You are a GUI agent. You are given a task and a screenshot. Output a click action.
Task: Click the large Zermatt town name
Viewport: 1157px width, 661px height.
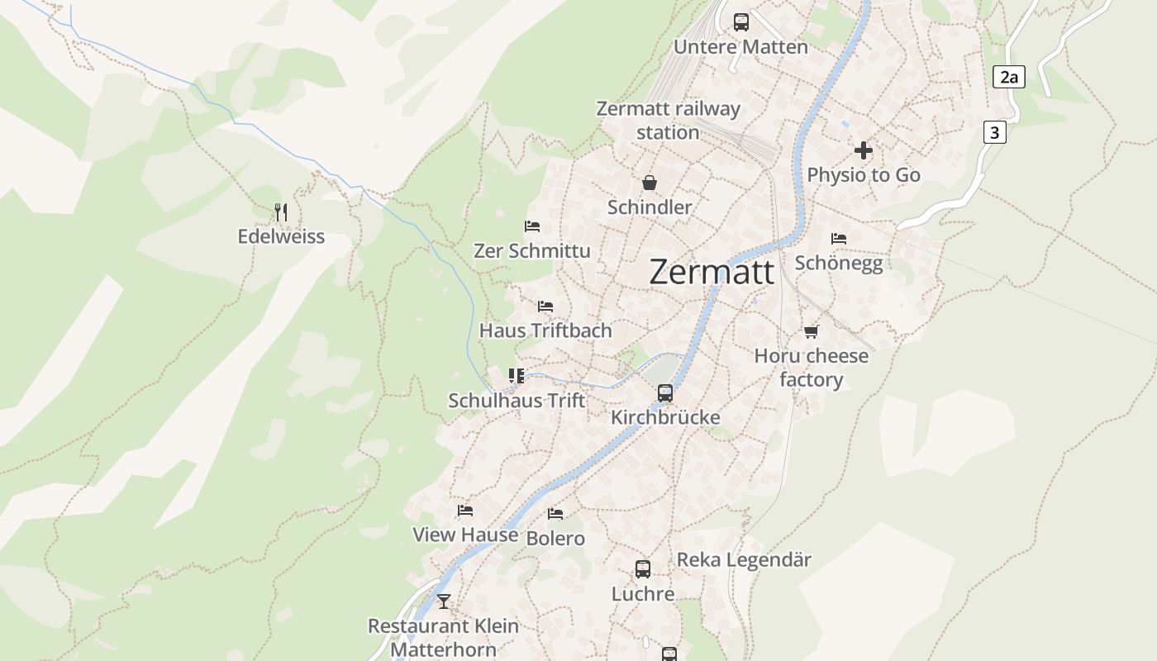click(x=712, y=272)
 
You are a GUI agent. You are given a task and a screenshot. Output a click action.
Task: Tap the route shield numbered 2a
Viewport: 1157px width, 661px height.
click(x=1009, y=78)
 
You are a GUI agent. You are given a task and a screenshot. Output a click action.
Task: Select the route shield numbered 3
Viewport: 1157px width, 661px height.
click(x=994, y=132)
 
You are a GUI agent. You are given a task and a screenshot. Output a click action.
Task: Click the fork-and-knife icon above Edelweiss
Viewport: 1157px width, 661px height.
click(x=281, y=212)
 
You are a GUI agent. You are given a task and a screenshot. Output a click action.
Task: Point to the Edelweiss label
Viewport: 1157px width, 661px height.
click(x=281, y=237)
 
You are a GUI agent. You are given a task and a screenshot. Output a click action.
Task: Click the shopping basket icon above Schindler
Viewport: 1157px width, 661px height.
click(x=650, y=183)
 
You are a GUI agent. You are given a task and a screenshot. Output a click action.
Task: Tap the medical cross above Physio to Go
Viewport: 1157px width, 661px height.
click(x=864, y=150)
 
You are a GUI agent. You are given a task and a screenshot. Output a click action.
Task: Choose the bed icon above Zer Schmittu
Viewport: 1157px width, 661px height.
click(x=532, y=226)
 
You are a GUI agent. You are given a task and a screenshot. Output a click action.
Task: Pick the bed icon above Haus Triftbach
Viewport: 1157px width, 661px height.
click(x=545, y=307)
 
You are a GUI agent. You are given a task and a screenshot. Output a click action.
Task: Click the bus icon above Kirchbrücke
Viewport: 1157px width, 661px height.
click(x=665, y=393)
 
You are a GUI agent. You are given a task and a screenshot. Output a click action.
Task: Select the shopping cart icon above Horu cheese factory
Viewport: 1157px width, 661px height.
click(x=811, y=331)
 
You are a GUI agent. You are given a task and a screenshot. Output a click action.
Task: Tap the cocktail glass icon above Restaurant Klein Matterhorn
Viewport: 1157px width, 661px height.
click(x=444, y=602)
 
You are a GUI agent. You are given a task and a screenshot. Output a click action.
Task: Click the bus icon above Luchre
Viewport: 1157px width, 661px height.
click(x=643, y=569)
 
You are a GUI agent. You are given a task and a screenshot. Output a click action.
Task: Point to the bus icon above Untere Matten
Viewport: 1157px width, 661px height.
click(x=741, y=22)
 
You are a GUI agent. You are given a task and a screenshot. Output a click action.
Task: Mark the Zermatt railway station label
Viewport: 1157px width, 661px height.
click(x=668, y=121)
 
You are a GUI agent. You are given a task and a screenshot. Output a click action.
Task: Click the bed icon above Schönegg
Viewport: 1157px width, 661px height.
click(x=839, y=239)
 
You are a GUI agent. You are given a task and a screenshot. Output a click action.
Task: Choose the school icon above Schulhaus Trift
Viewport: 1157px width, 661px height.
click(x=517, y=377)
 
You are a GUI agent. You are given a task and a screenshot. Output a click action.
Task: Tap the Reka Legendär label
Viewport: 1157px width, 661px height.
click(x=744, y=560)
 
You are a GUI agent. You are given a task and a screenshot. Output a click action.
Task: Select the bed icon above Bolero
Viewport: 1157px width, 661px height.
click(x=555, y=514)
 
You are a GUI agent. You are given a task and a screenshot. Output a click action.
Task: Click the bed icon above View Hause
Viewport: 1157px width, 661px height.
click(x=465, y=511)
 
